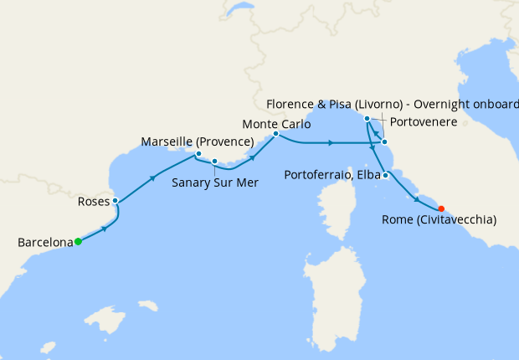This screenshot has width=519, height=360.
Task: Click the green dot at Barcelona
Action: click(78, 242)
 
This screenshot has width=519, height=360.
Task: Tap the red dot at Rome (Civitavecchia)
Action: click(441, 209)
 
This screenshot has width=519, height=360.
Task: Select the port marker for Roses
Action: click(115, 201)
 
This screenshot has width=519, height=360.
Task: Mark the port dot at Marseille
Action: click(198, 154)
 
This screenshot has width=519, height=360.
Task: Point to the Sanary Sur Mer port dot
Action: click(215, 162)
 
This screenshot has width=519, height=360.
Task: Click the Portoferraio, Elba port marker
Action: click(384, 175)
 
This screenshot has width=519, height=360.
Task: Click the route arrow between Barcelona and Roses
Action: click(105, 228)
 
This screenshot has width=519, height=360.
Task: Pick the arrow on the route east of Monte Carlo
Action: click(332, 143)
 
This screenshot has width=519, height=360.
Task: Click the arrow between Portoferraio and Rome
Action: click(416, 198)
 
